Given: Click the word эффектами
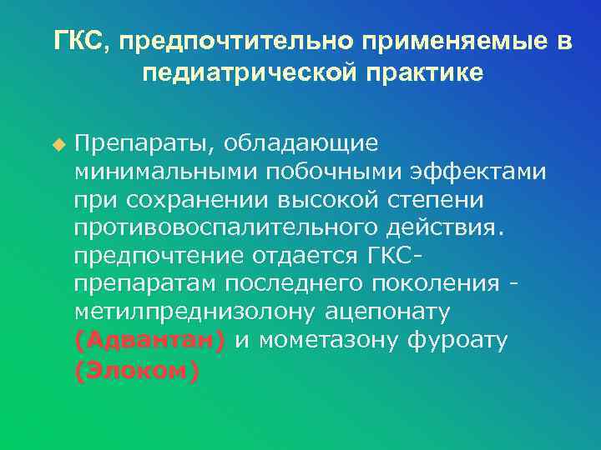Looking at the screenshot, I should click(x=477, y=172).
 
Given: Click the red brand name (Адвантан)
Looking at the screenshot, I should click(x=149, y=341).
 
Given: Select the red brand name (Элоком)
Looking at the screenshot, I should click(x=137, y=372).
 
